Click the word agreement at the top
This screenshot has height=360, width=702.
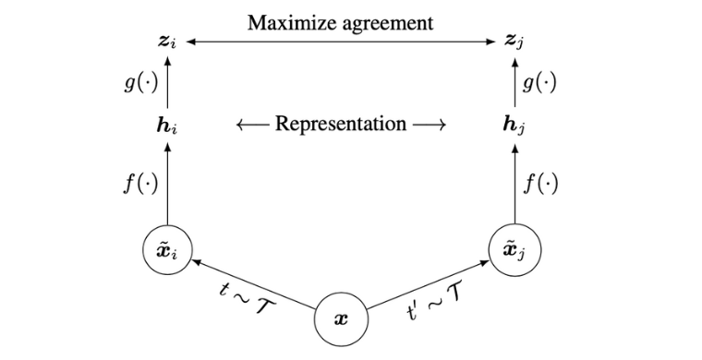point(387,24)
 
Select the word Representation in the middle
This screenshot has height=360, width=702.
point(341,124)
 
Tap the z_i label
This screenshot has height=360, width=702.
point(167,42)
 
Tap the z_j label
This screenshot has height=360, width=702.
point(514,42)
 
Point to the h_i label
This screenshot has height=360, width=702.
point(167,125)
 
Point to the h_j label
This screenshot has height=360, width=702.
point(514,126)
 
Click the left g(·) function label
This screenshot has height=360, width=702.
point(141,83)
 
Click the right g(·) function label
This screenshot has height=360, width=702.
point(539,83)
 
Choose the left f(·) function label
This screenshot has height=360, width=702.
point(141,183)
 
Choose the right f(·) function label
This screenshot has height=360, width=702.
point(541,183)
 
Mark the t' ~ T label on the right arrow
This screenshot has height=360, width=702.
point(434,306)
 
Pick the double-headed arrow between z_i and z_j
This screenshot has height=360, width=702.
point(341,42)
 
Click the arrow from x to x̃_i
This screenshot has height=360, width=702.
point(253,284)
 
